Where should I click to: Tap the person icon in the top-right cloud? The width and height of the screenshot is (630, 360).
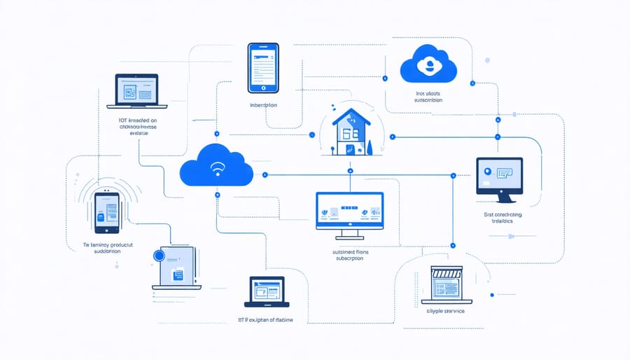(427, 65)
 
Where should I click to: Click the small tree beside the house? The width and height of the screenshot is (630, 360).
(367, 146)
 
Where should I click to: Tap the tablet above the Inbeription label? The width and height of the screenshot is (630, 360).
(264, 67)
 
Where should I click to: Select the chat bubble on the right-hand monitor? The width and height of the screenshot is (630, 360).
(505, 171)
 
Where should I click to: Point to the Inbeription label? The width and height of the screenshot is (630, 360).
(263, 105)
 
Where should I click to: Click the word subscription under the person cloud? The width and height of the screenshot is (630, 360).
(428, 100)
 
